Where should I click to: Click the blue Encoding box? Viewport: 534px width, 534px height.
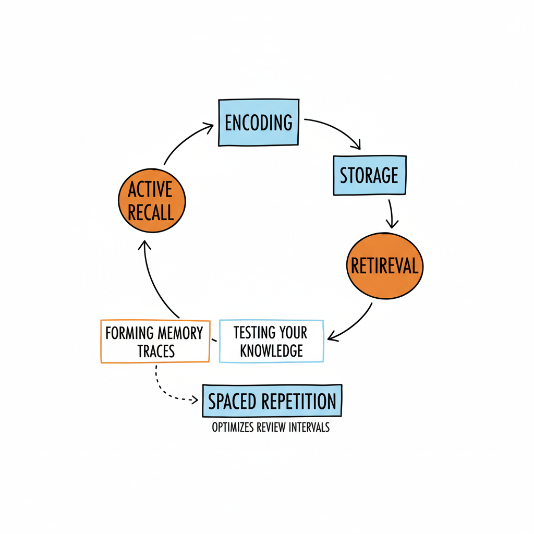(258, 122)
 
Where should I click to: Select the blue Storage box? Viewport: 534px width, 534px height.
(369, 175)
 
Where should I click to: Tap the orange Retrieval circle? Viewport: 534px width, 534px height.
(385, 266)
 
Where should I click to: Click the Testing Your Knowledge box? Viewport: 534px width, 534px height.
(271, 341)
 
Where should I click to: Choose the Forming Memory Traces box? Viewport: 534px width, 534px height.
(154, 342)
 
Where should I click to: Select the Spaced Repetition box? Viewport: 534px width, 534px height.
(272, 401)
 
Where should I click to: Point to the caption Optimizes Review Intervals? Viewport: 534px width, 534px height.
(271, 427)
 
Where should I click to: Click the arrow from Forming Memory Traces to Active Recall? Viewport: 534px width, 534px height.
(154, 282)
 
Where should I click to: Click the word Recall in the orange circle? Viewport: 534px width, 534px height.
(152, 212)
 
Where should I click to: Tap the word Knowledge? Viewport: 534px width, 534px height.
(271, 350)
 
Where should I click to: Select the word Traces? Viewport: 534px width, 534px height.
(156, 351)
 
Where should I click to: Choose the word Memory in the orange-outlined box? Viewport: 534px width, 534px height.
(179, 333)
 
